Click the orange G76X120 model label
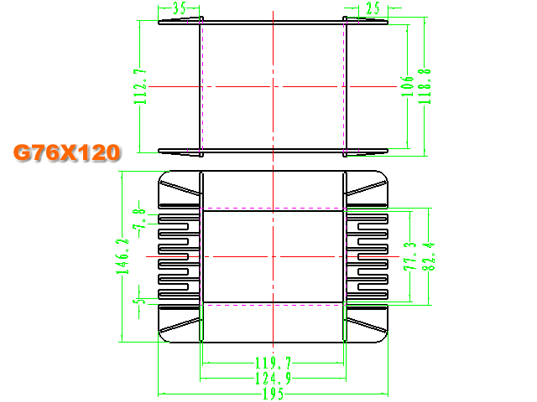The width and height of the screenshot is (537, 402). (67, 152)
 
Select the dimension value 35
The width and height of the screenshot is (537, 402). (179, 8)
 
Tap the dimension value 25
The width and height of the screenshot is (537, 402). (373, 8)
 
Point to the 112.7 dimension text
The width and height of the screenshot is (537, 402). (140, 86)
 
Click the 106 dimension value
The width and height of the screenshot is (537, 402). (407, 86)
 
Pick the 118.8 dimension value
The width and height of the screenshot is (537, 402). (425, 86)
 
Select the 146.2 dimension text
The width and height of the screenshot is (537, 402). (123, 256)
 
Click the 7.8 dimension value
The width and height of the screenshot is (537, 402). (139, 219)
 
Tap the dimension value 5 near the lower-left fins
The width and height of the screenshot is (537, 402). (139, 300)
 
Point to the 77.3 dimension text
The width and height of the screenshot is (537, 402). (410, 256)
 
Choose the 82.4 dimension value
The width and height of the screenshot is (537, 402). (428, 256)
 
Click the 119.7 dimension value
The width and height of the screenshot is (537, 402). (273, 363)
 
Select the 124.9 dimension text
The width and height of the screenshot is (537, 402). (273, 379)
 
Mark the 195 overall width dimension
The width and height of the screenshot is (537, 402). (273, 394)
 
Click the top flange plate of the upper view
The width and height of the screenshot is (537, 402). (273, 23)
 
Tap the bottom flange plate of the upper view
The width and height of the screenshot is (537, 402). (273, 151)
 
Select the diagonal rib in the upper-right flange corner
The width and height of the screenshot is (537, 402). (367, 188)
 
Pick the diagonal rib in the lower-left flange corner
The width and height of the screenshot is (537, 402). (180, 325)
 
